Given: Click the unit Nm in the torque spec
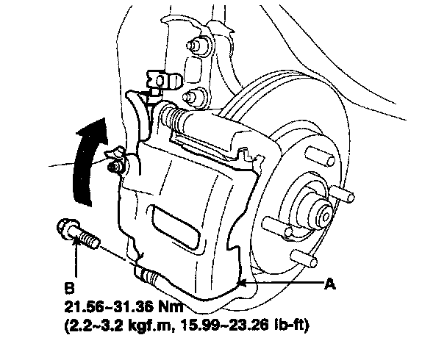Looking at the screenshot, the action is pos(171,304).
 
